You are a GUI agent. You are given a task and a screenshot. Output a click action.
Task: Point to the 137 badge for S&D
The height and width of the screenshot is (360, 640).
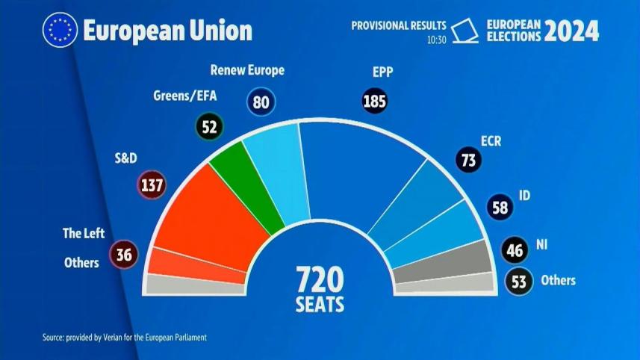152,184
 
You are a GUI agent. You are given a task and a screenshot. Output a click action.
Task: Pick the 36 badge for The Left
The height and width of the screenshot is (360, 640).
124,255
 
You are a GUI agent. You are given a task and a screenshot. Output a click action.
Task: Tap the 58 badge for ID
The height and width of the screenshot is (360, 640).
500,208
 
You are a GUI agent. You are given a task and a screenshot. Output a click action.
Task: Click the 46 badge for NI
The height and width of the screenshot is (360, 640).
514,249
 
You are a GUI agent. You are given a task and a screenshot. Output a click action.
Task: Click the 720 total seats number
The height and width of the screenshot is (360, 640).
320,281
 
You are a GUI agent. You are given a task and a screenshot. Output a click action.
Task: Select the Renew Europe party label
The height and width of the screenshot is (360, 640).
247,72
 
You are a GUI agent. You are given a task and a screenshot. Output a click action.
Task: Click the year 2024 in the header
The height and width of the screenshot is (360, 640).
571,31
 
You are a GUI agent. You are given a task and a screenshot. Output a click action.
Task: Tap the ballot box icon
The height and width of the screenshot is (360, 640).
467,31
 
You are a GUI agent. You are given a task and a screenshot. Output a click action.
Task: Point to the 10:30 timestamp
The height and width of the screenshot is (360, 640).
436,40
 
